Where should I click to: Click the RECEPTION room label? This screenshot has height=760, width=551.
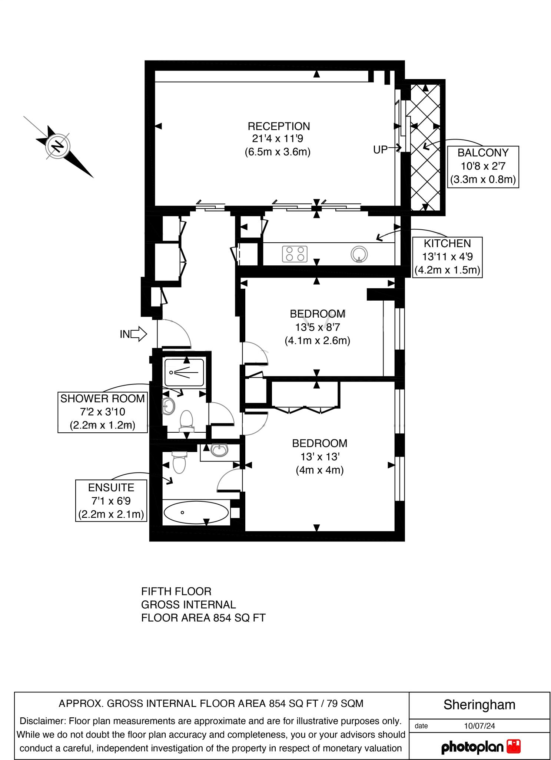point(279,126)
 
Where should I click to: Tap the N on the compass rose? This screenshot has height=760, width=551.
point(57,146)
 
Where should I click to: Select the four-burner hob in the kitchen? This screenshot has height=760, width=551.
point(295,254)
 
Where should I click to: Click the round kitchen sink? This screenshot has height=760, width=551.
point(359,254)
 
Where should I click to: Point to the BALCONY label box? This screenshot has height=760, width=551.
point(483,167)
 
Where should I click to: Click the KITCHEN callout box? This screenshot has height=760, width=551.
point(447,257)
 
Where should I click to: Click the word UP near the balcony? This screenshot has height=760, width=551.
point(380,150)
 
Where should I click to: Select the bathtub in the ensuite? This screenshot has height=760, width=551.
point(196,512)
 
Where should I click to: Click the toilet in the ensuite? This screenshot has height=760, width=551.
point(180,462)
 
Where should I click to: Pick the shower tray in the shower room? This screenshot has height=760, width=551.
point(184,372)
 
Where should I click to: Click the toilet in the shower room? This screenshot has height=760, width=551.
point(186,422)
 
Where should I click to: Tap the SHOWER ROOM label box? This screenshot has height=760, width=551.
point(103,412)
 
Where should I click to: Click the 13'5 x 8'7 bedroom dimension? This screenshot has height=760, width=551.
point(318,327)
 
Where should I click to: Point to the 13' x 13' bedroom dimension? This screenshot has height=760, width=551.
point(319,457)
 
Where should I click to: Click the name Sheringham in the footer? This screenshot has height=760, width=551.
point(479,704)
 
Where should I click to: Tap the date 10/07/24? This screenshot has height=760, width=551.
point(479,726)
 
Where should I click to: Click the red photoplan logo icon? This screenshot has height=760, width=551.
point(513,746)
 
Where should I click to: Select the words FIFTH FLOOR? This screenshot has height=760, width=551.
point(176,591)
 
